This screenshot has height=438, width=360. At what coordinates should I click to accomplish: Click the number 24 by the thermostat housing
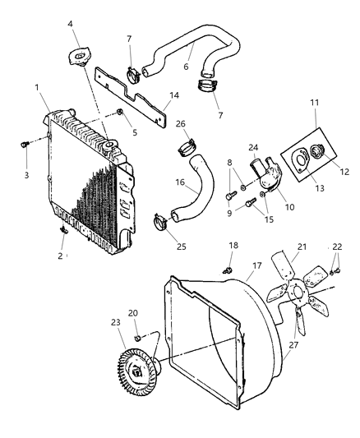click(x=253, y=149)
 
